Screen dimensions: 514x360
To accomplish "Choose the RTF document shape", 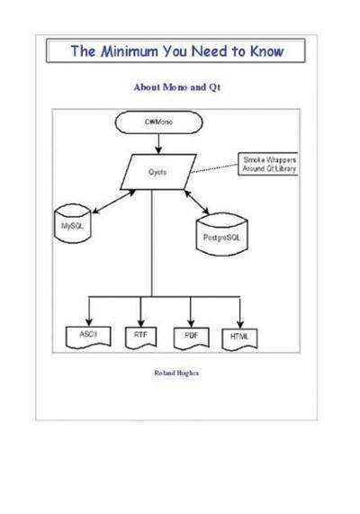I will click(139, 336).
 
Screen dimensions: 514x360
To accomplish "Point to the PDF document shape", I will click(190, 336).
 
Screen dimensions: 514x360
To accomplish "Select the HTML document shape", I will click(241, 336).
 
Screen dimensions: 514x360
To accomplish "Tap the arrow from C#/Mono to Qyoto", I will click(159, 141).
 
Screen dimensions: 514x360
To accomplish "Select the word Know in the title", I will click(261, 51).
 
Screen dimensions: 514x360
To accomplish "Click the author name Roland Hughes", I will click(176, 370).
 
